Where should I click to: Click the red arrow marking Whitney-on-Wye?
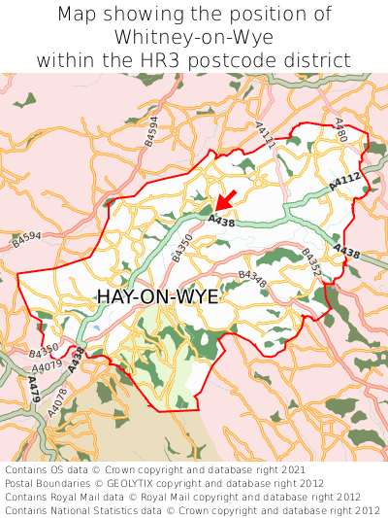(226, 201)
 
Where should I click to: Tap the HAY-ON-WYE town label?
(158, 297)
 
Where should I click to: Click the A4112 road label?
(344, 180)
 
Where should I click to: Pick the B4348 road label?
(252, 279)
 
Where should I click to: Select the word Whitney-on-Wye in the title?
(193, 37)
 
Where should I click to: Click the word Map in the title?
(80, 15)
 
